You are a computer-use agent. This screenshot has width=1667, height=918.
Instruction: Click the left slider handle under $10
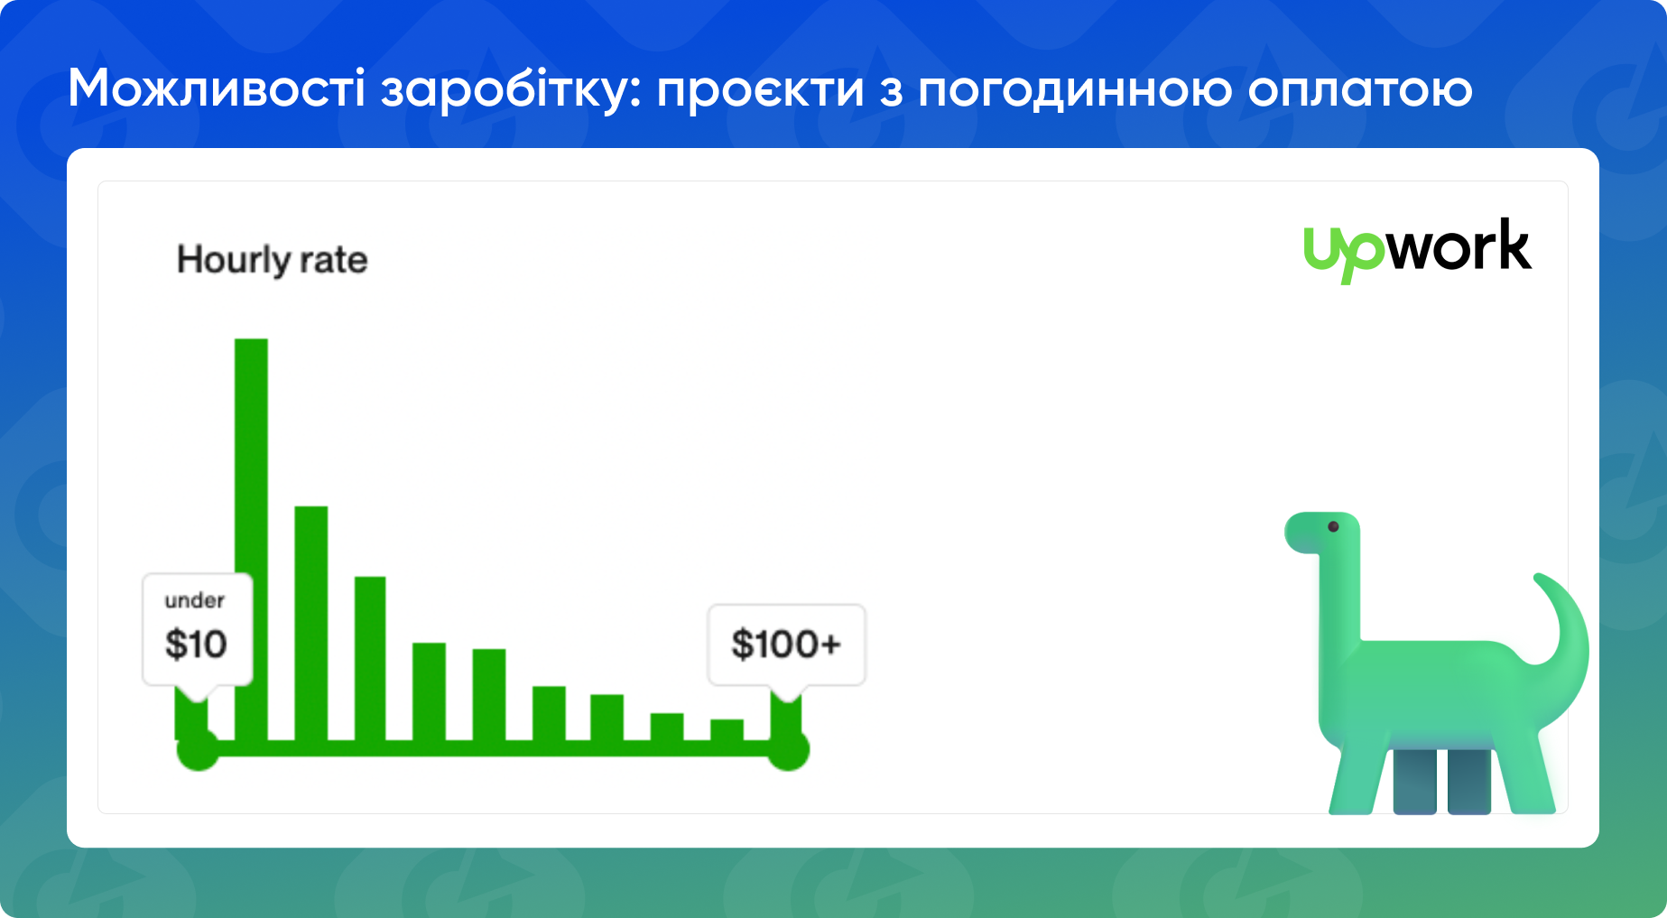(198, 749)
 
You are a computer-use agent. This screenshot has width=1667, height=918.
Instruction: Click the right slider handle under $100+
(788, 749)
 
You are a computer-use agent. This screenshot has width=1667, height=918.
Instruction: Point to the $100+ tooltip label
(786, 644)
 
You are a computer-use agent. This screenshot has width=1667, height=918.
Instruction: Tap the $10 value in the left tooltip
(196, 644)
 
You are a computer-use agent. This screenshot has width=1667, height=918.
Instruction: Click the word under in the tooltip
(194, 601)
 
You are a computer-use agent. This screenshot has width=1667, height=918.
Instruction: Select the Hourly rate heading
(272, 260)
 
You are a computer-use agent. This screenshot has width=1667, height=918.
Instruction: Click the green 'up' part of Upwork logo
(1343, 252)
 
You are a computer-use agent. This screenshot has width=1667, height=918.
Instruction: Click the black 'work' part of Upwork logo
(1459, 246)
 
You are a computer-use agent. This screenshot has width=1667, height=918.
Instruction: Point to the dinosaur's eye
(1333, 526)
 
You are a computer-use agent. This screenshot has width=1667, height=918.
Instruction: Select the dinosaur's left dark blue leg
(1414, 781)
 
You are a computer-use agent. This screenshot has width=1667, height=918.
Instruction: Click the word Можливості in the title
(216, 89)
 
